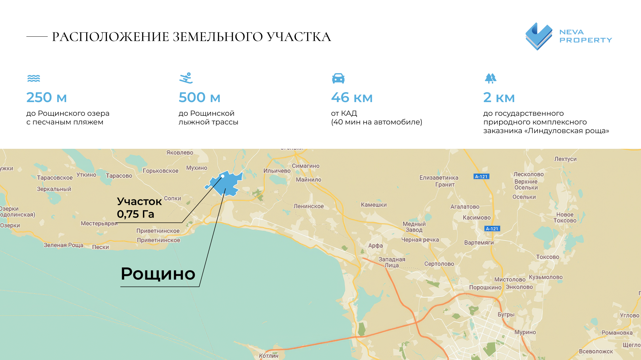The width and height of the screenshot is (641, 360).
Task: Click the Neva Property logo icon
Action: (x=539, y=36)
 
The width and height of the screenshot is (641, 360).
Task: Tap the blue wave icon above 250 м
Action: (x=33, y=78)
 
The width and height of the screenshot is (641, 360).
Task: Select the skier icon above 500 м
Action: (x=186, y=78)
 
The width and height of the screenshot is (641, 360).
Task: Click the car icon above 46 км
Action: (x=338, y=78)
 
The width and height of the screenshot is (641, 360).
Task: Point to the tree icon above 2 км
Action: (x=490, y=78)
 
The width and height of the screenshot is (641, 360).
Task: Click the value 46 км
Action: (x=352, y=97)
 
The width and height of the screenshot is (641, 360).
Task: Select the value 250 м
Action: (x=46, y=97)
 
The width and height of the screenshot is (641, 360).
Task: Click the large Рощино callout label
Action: (x=158, y=274)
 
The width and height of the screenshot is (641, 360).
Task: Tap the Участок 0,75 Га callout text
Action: (x=139, y=208)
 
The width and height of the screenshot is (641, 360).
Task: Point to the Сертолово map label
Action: (x=439, y=264)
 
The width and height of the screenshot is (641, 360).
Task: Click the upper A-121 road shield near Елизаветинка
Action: (x=481, y=176)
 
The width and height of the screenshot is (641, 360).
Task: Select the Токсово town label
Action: (x=548, y=257)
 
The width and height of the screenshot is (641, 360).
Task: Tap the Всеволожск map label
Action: (x=596, y=351)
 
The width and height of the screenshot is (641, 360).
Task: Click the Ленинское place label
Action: (x=308, y=206)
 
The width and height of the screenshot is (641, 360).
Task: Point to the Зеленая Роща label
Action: (x=63, y=245)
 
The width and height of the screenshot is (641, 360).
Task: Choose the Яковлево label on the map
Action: (x=180, y=153)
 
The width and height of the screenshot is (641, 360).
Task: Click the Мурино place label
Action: (x=525, y=332)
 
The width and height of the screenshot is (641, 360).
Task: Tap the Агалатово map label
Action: (x=465, y=207)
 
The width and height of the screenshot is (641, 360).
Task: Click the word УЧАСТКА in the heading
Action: (x=299, y=37)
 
